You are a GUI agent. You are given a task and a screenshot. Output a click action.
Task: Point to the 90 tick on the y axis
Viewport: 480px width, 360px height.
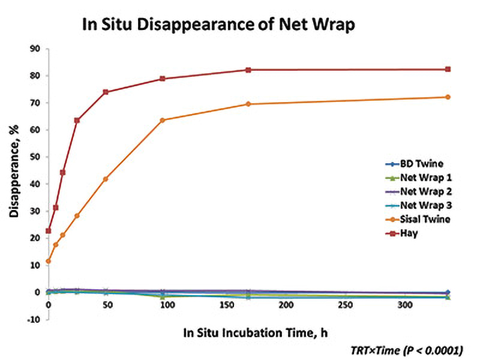coord(35,49)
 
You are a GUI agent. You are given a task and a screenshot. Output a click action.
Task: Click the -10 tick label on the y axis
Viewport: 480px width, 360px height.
coord(34,319)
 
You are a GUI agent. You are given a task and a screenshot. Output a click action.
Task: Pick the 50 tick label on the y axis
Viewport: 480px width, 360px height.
coord(35,157)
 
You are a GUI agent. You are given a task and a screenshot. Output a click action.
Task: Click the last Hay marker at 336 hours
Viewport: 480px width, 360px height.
coord(448,69)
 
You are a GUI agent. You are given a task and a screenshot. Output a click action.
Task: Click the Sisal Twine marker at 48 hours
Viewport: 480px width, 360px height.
coord(106,179)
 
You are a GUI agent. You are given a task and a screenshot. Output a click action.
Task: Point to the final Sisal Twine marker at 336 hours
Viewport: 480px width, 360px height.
coord(448,97)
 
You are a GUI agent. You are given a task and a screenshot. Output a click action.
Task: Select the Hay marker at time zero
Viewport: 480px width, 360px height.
coord(49,230)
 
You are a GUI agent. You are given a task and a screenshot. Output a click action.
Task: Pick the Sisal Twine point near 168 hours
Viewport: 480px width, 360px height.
coord(248,104)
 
